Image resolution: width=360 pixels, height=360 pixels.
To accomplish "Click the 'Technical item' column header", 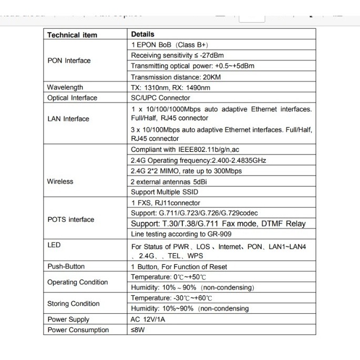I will (x=72, y=35).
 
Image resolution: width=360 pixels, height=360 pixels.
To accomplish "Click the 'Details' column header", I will (x=143, y=35).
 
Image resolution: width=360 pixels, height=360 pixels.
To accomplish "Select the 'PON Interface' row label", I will (x=69, y=60).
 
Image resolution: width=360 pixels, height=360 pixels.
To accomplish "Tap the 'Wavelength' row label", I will (x=65, y=87).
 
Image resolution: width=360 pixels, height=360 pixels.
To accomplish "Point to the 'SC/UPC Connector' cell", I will (x=160, y=98).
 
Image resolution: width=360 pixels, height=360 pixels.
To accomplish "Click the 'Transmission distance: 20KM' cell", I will (x=174, y=77).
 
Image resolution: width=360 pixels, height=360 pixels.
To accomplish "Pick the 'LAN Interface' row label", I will (x=68, y=119).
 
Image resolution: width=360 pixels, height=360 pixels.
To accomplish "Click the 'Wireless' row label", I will (x=60, y=181).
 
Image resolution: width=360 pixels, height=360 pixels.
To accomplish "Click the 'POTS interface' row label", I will (x=70, y=219).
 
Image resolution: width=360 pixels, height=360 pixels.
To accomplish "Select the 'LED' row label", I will (x=54, y=245).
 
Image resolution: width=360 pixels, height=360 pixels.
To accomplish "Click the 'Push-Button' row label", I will (x=66, y=266).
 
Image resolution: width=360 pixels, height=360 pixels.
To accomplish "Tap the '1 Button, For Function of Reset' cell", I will (x=179, y=266).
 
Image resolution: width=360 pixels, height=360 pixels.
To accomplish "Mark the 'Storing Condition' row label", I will (x=73, y=303).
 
